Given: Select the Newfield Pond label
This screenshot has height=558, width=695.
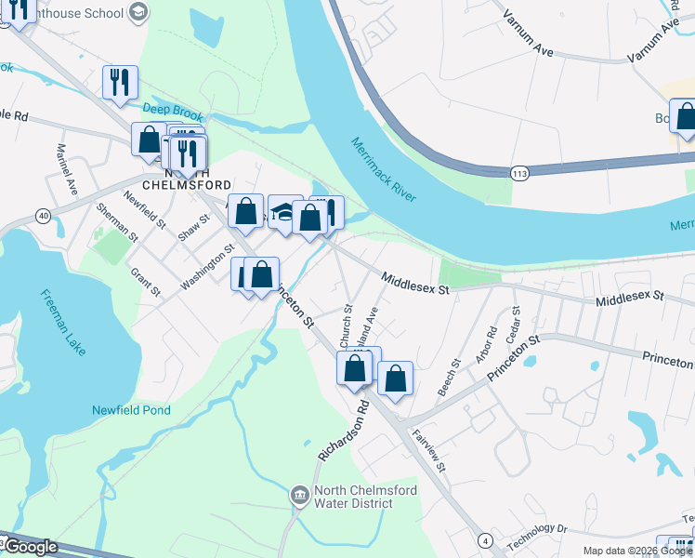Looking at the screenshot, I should [x=131, y=409].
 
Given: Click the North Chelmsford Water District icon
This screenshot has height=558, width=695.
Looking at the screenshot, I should [x=300, y=495].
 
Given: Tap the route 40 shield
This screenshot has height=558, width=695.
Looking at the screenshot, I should [x=43, y=216].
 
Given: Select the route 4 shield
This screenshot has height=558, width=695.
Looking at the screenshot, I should [x=484, y=539].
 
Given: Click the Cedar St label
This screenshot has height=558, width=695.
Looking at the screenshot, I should [x=513, y=331].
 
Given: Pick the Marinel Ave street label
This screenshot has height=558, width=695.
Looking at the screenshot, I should [x=68, y=166].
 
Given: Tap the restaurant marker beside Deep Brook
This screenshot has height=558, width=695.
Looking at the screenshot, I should [x=121, y=82].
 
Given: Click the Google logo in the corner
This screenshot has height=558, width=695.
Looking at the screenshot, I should [x=30, y=547].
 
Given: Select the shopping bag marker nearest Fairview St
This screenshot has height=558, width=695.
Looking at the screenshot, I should [x=395, y=378].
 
